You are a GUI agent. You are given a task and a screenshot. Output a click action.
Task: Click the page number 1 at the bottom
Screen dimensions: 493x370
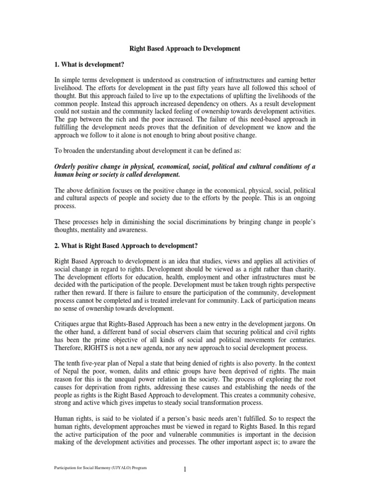tap(185, 470)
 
